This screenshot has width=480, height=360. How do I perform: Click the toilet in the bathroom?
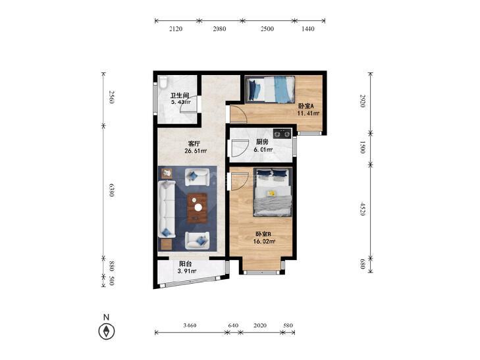point(163,82)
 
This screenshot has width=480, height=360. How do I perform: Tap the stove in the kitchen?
point(282,134)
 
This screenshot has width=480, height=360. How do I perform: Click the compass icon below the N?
point(107,331)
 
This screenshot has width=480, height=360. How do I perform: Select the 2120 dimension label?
point(176,29)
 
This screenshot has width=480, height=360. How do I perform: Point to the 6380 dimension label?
point(111,190)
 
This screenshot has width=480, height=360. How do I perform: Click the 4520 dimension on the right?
point(363,209)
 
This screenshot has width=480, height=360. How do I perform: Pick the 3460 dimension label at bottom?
point(190,325)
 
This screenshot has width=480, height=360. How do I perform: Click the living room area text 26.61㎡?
point(196,151)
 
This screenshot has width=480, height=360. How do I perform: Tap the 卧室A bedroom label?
point(306,106)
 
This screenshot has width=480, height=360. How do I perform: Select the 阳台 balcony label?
point(186,264)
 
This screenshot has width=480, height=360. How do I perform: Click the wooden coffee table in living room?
point(198,208)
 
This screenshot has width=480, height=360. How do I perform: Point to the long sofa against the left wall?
point(167,209)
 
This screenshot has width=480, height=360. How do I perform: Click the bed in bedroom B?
point(273,192)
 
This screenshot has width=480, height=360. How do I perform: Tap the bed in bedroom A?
point(271,89)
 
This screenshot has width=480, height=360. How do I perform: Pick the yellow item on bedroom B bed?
point(271,193)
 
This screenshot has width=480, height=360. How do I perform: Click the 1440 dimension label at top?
point(308,29)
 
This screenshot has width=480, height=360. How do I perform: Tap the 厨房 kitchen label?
point(262,142)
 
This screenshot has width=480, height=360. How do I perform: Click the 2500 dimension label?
point(267,29)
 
